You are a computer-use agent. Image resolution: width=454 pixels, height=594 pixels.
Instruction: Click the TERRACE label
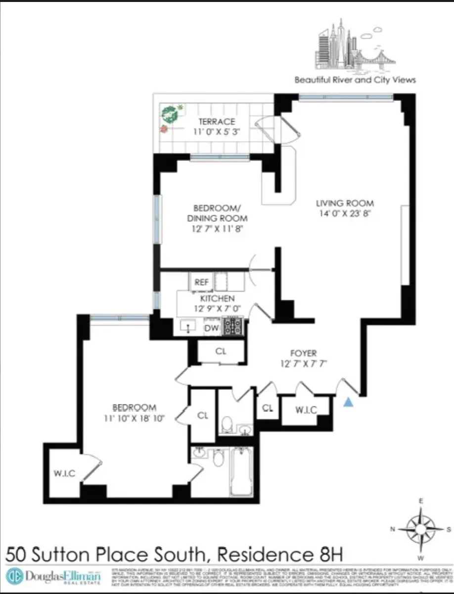tap(217, 122)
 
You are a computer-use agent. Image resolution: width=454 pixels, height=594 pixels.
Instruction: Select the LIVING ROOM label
tap(345, 203)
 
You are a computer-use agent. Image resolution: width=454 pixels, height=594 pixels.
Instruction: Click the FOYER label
tap(303, 353)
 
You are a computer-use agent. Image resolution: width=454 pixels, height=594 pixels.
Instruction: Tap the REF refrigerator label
tap(201, 283)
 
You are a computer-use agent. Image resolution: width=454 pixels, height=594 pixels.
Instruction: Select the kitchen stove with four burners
tap(232, 326)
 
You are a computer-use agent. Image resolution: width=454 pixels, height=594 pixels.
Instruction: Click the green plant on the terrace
tap(170, 114)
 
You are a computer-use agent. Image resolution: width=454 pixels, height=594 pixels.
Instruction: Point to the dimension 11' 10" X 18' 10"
tap(135, 418)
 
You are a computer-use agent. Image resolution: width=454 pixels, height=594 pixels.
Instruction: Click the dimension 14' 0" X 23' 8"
tap(345, 214)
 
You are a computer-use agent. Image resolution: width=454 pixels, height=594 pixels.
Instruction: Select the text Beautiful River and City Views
tap(355, 80)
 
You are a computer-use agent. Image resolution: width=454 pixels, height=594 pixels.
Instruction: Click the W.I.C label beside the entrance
tap(305, 410)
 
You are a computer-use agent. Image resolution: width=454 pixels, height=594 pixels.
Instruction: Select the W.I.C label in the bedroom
tap(64, 473)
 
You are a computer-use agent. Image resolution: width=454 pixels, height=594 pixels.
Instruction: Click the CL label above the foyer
tap(221, 351)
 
